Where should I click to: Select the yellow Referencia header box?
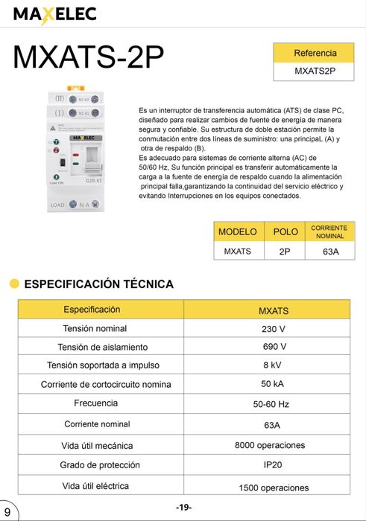tap(315, 54)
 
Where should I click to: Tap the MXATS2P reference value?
tap(315, 71)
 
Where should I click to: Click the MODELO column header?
tap(237, 231)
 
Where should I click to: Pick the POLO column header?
tap(285, 231)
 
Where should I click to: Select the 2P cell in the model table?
tap(285, 252)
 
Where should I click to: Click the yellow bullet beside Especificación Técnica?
tap(14, 284)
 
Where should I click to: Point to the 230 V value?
tap(273, 328)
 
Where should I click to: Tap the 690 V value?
tap(273, 347)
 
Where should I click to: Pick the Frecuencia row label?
tap(95, 403)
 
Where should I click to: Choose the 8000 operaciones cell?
tap(270, 445)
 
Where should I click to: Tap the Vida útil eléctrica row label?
tap(95, 485)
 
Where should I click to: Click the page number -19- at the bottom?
tap(183, 507)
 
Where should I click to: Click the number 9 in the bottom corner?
tap(7, 512)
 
